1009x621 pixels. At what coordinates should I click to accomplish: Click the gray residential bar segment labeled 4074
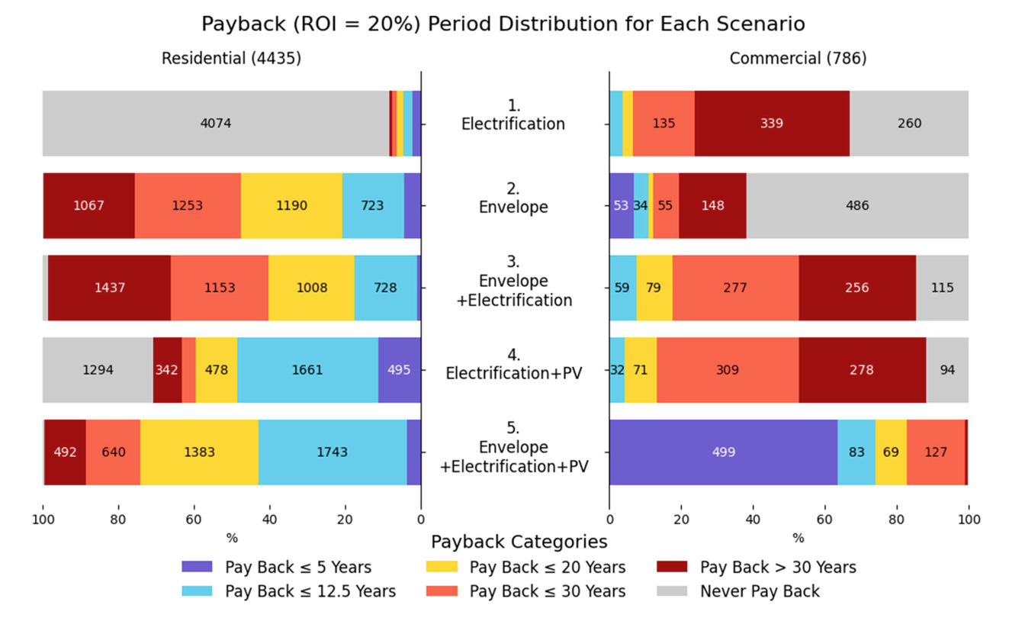click(x=216, y=124)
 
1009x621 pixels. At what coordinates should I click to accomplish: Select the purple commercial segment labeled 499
click(x=723, y=452)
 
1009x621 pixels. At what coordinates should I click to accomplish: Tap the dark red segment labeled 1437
click(x=109, y=288)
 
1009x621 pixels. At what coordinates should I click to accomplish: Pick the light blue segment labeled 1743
click(x=333, y=452)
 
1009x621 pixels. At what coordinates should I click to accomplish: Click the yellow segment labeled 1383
click(x=199, y=452)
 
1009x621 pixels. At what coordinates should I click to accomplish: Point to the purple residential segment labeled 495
click(x=399, y=370)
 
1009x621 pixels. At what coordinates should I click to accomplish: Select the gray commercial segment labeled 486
click(x=857, y=206)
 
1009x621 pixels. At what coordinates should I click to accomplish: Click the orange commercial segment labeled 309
click(x=728, y=370)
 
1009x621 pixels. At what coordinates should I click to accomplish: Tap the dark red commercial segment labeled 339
click(x=772, y=124)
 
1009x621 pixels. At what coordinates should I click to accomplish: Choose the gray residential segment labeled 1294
click(x=98, y=370)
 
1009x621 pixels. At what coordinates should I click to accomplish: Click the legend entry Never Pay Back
click(x=759, y=591)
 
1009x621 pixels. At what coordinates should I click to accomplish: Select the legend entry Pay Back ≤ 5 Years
click(x=297, y=568)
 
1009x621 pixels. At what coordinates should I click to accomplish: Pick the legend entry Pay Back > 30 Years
click(x=777, y=568)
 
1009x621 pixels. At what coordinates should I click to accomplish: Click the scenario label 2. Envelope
click(x=513, y=198)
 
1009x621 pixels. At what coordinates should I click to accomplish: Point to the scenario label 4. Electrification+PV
click(x=513, y=364)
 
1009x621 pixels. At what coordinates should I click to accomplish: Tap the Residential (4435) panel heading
click(x=231, y=59)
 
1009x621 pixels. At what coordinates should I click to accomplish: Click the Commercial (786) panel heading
click(x=798, y=59)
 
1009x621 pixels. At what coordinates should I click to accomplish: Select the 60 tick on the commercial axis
click(x=825, y=520)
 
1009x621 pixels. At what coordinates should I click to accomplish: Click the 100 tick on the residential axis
click(x=43, y=520)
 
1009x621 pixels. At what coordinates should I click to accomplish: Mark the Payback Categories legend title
click(x=519, y=542)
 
